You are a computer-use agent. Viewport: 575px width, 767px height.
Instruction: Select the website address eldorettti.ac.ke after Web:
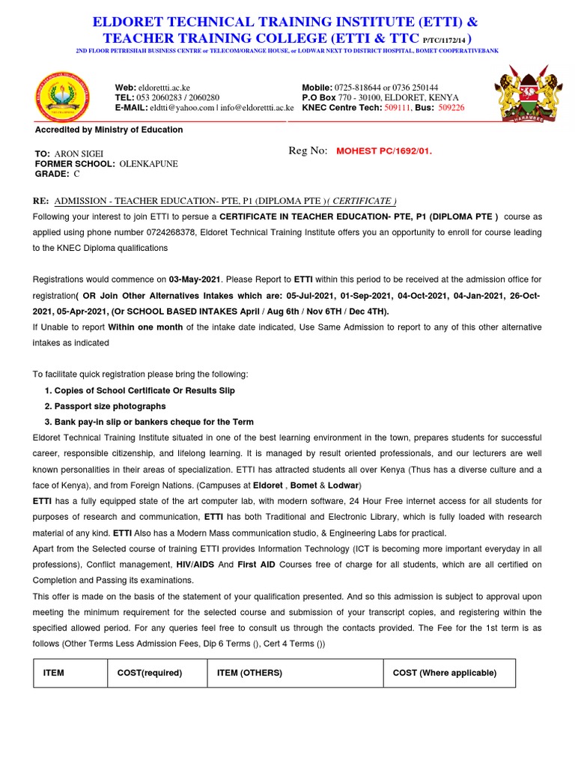(x=170, y=88)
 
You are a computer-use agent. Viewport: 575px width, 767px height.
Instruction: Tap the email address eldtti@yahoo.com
(x=181, y=108)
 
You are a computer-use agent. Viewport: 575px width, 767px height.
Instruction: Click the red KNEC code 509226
(x=451, y=108)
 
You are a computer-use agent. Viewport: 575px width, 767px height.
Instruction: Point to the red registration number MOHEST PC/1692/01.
(x=384, y=151)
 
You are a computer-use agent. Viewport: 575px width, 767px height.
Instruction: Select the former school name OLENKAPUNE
(x=149, y=163)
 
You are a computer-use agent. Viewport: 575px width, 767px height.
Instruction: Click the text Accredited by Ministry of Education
(x=109, y=130)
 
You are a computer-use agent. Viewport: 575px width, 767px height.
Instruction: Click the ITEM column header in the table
(x=54, y=673)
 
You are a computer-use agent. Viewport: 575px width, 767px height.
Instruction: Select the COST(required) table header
(x=150, y=673)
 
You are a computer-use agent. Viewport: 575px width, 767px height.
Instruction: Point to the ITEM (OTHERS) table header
(x=249, y=673)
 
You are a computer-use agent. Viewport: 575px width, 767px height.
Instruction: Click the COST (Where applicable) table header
(x=445, y=673)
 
